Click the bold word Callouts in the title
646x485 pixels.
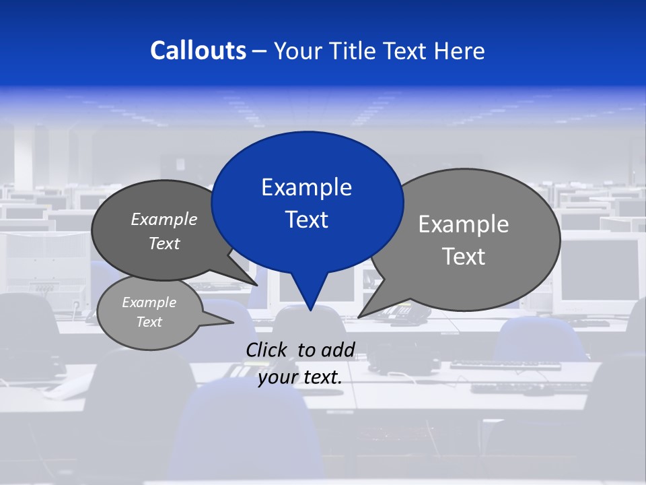coord(198,51)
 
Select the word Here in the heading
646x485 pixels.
coord(460,51)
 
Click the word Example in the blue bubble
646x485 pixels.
coord(306,187)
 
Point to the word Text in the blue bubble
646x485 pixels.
coord(306,220)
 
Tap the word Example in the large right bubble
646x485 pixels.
coord(464,224)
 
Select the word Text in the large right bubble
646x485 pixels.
coord(464,257)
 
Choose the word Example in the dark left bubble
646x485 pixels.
coord(164,220)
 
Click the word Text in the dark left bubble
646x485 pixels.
coord(164,244)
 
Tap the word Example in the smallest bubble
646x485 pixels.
coord(149,302)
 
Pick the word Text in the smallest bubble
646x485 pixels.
coord(149,322)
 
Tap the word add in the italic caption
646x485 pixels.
coord(338,350)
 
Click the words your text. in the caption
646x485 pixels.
coord(300,377)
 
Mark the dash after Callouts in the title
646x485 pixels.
coord(260,51)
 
